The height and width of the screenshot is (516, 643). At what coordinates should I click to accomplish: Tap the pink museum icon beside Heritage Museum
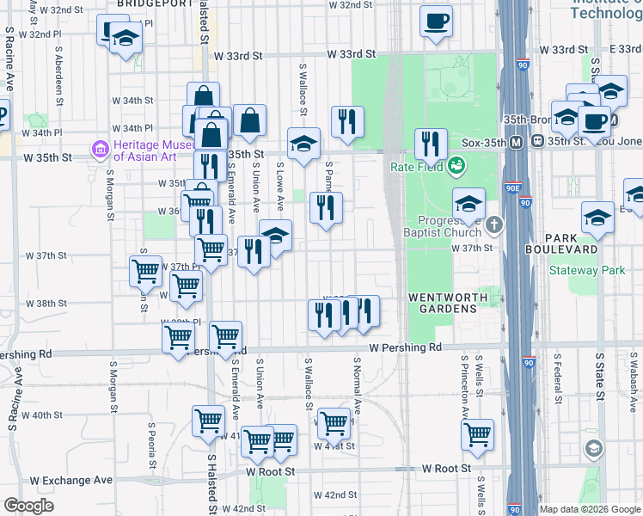tap(101, 150)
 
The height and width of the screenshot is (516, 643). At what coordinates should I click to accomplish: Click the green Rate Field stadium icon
tap(456, 163)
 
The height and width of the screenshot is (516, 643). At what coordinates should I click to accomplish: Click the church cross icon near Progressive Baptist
tap(493, 226)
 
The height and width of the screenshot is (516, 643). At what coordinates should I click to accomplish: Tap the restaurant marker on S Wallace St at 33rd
tap(347, 122)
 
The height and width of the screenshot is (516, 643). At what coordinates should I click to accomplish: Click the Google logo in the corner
tap(28, 506)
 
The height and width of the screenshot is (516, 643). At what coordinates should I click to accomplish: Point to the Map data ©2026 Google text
tap(589, 509)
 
